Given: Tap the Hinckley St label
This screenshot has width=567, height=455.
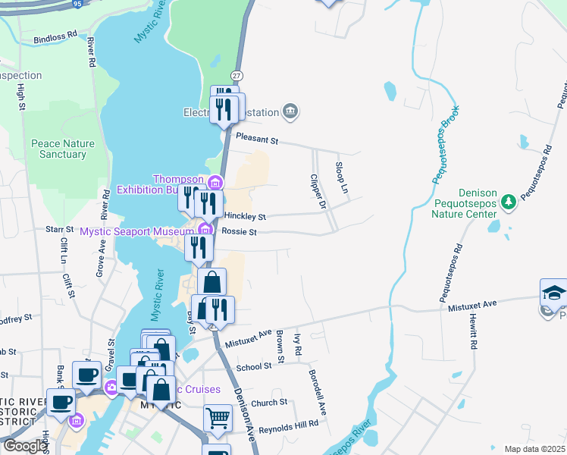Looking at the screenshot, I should point(245,216).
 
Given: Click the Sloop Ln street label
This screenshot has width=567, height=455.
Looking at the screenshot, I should point(343,176).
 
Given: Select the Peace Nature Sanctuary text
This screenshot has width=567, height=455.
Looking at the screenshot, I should point(58,149).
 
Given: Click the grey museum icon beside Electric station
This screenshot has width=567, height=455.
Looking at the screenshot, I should point(290,113).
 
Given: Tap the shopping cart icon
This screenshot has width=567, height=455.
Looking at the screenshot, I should point(218,417).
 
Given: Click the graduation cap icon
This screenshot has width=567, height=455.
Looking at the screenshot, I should point(553,293).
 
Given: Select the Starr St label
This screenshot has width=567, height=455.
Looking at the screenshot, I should point(58,227).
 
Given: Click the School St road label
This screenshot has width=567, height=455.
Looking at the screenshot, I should point(253,366).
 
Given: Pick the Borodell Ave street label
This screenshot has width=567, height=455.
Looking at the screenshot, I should point(317,392).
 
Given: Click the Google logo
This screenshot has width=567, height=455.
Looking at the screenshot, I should point(25,446).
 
